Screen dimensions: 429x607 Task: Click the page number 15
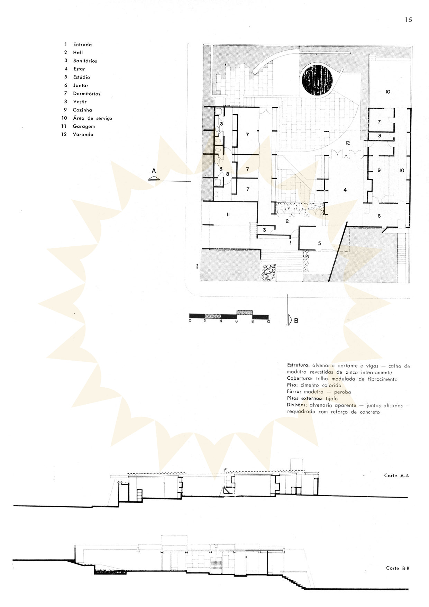click(409, 20)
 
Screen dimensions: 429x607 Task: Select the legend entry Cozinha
click(82, 110)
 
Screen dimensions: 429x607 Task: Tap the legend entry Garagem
click(84, 126)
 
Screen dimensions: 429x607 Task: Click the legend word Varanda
click(83, 135)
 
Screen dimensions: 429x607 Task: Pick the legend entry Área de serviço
click(92, 118)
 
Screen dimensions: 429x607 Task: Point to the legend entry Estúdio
click(82, 77)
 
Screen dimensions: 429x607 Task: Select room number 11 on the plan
click(228, 215)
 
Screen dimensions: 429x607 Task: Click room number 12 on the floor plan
click(348, 143)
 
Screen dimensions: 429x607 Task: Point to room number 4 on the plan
click(345, 190)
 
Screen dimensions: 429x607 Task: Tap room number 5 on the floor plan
click(319, 243)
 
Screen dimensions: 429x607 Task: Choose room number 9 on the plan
click(379, 170)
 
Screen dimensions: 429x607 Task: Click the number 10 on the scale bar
click(268, 321)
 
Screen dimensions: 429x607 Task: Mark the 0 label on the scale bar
click(190, 321)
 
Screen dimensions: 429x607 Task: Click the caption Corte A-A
click(396, 475)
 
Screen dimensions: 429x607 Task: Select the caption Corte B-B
click(398, 568)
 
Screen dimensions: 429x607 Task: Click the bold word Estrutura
click(299, 366)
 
